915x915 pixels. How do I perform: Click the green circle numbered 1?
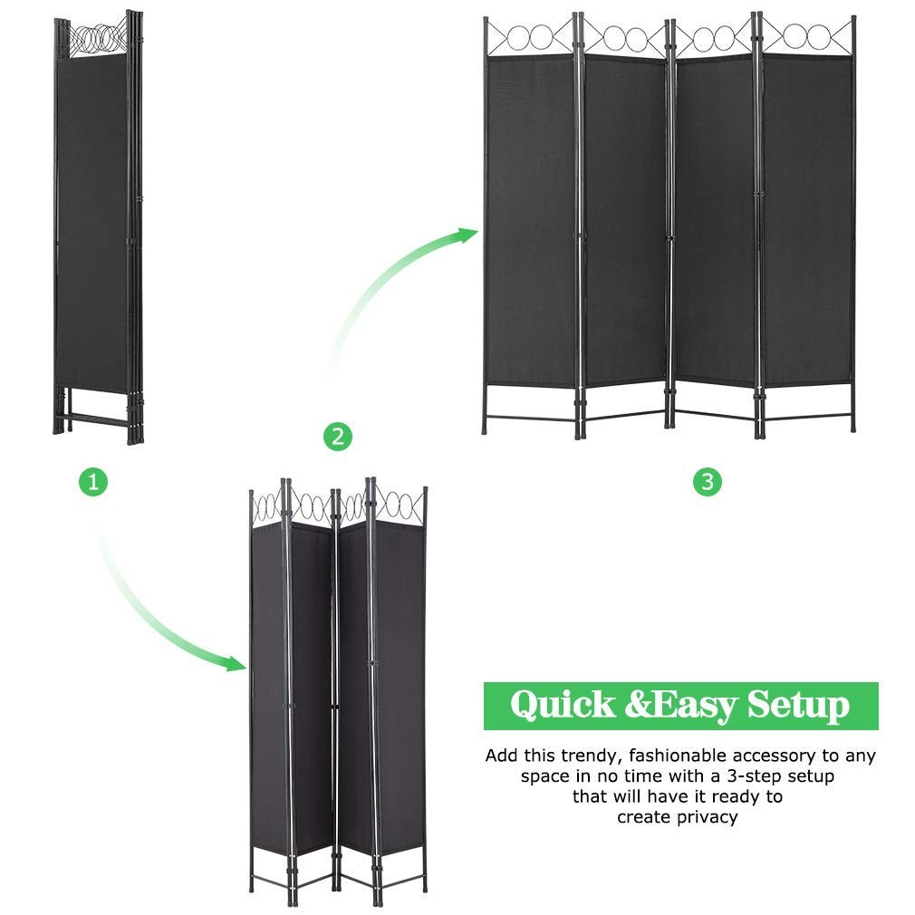pyautogui.click(x=92, y=481)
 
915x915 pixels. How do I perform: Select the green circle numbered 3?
pyautogui.click(x=708, y=481)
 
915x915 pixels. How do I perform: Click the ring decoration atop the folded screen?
pyautogui.click(x=96, y=37)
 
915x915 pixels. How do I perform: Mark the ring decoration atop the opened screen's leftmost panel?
pyautogui.click(x=531, y=39)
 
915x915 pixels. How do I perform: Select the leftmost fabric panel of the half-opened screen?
pyautogui.click(x=268, y=689)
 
